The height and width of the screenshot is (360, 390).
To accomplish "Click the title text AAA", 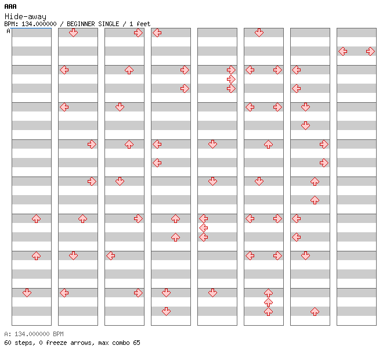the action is click(x=10, y=6).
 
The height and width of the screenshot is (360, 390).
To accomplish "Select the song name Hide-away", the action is click(x=26, y=17).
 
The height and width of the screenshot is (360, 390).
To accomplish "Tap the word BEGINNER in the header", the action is click(x=81, y=24).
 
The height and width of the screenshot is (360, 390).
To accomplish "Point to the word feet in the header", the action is click(x=143, y=24).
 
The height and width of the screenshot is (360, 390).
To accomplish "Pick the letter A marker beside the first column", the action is click(x=9, y=31).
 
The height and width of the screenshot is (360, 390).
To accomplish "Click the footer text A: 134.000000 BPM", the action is click(x=34, y=334).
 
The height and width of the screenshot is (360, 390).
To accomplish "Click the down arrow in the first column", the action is click(x=27, y=293).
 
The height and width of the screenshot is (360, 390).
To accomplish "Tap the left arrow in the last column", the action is click(x=343, y=52).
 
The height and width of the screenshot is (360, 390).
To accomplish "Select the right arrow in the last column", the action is click(x=371, y=52).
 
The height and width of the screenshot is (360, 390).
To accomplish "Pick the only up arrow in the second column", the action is click(x=82, y=219).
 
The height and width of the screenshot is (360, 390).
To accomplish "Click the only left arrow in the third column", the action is click(x=110, y=255).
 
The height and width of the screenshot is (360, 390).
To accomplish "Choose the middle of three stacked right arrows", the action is click(x=232, y=80).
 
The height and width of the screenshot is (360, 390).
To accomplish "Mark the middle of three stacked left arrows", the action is click(x=204, y=228).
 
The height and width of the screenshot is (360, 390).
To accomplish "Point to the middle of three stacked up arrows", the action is click(x=268, y=303).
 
